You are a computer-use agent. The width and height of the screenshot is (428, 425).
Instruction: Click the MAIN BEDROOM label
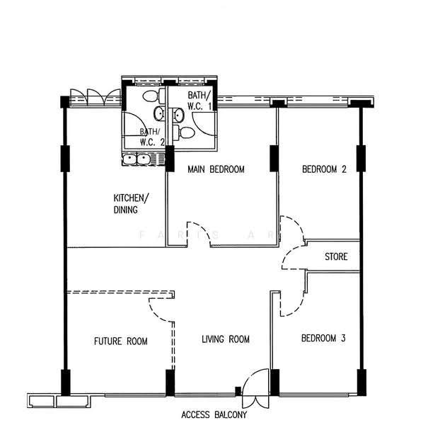(216, 169)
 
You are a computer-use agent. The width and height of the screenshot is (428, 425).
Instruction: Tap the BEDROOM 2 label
(324, 169)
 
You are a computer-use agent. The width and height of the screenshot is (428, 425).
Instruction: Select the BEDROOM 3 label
(323, 338)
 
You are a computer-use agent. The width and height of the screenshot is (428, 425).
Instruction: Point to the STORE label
(336, 256)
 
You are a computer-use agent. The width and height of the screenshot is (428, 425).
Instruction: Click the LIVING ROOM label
(226, 339)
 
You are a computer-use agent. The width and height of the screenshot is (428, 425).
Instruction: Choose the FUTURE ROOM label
(121, 341)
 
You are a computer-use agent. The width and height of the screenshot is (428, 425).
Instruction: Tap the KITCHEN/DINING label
(131, 203)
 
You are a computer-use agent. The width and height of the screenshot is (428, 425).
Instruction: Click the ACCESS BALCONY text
(214, 414)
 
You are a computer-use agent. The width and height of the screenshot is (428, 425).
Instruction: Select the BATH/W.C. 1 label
(199, 101)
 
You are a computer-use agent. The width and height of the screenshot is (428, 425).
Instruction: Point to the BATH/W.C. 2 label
(152, 137)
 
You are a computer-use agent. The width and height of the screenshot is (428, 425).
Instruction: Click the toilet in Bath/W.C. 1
(184, 132)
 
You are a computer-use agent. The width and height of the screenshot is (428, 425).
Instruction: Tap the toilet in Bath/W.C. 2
(153, 96)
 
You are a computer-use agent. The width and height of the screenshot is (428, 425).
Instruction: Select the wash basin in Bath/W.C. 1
(178, 115)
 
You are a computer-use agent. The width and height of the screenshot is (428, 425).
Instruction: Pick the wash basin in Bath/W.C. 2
(159, 113)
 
